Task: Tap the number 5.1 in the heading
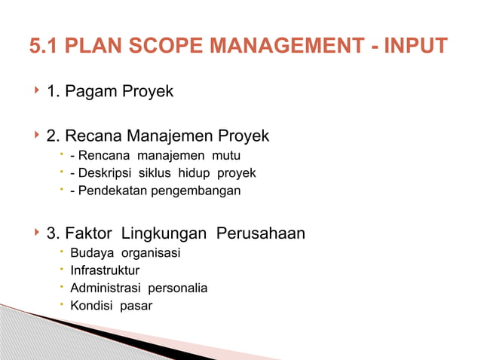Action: [44, 47]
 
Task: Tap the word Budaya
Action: [90, 253]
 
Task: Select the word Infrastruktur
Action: [105, 270]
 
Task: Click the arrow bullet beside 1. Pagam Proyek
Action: [35, 91]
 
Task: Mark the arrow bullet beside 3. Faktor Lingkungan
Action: [35, 233]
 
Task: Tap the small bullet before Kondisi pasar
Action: [60, 304]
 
